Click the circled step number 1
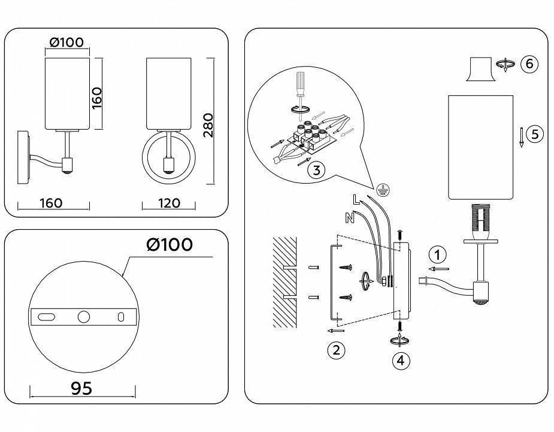pos(438,255)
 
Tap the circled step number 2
pos(336,350)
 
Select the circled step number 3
pos(316,170)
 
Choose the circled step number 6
pos(529,64)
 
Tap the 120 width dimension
pos(169,203)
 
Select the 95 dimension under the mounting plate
pos(81,389)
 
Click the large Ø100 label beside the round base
pos(169,245)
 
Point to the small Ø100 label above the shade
pos(67,43)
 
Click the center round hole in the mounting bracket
pos(83,317)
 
